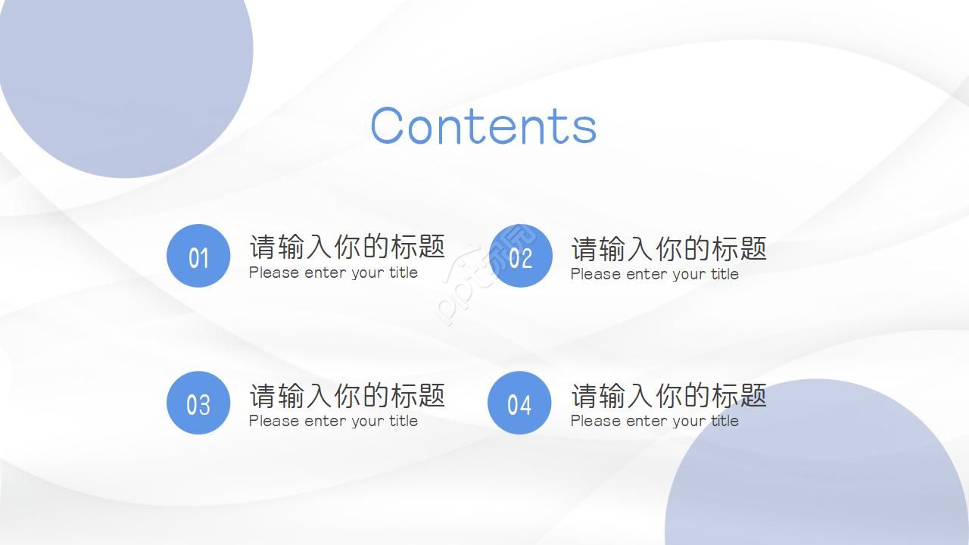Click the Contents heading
[x=483, y=125]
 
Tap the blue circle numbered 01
[x=198, y=256]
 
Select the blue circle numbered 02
[x=520, y=256]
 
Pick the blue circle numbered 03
[x=198, y=403]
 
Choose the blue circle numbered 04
[x=519, y=403]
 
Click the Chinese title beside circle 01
[x=347, y=246]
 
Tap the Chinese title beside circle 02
[x=668, y=248]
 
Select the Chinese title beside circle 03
[x=347, y=394]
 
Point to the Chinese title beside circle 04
[x=668, y=394]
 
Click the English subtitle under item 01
[x=333, y=272]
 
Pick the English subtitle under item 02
[x=654, y=274]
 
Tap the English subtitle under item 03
[x=333, y=421]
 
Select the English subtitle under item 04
[x=654, y=421]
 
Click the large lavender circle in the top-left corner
[x=121, y=68]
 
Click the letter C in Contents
[x=388, y=126]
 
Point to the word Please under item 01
[x=273, y=272]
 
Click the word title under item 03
[x=403, y=421]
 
